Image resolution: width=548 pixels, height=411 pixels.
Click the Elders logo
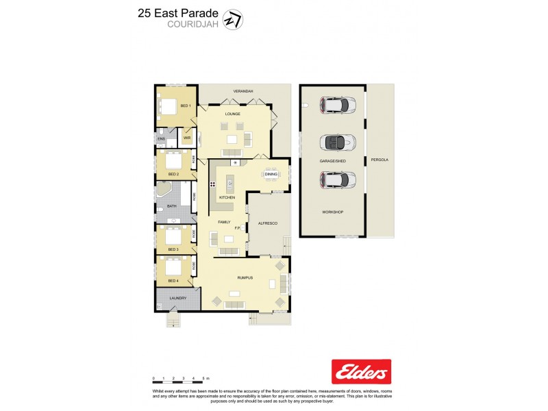[x=361, y=371]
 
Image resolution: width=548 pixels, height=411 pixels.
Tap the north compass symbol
[x=234, y=20]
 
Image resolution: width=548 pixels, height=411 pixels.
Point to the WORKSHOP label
[x=332, y=212]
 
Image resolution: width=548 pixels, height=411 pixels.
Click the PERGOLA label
[x=379, y=160]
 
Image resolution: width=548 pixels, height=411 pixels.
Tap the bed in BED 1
[x=169, y=105]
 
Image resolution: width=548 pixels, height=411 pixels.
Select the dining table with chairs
[x=271, y=174]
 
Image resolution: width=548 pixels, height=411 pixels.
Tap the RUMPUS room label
[x=245, y=277]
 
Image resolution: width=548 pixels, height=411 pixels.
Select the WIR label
[x=186, y=137]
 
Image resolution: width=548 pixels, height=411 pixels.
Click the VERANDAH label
[x=243, y=91]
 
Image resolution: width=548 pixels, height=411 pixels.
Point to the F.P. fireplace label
[x=237, y=227]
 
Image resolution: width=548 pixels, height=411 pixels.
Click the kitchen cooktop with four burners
[x=213, y=184]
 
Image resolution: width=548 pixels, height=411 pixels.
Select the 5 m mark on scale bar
[x=206, y=378]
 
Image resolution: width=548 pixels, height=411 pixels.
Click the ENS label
[x=162, y=139]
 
